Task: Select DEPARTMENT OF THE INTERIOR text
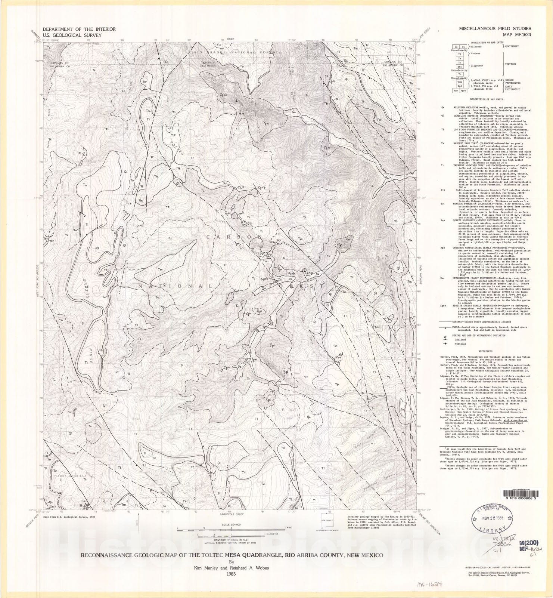point(79,29)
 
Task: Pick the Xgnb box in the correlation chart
point(463,90)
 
